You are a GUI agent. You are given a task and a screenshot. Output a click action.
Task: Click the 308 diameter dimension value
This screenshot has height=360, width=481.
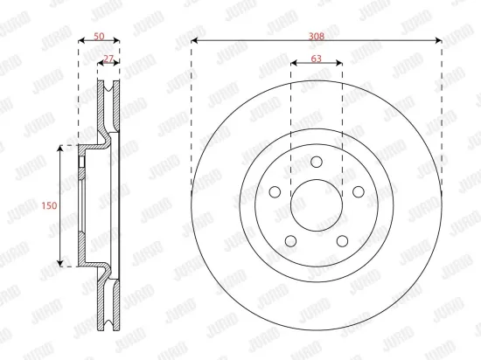[317, 37]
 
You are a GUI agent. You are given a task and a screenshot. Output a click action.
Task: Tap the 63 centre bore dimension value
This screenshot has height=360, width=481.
[317, 59]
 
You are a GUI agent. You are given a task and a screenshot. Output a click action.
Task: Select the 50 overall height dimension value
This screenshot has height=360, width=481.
[99, 37]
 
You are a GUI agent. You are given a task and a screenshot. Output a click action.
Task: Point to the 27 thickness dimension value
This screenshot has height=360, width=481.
[108, 59]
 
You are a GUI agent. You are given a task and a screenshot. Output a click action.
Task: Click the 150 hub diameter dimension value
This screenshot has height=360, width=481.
[49, 205]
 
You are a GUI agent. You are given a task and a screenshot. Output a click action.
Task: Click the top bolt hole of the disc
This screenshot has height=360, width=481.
[317, 162]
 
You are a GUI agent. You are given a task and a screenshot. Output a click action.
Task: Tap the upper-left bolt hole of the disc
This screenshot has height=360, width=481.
[275, 192]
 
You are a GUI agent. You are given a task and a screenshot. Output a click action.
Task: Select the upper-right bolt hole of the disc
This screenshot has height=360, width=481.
[359, 192]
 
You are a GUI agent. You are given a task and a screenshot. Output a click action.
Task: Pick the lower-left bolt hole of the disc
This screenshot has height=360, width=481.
[290, 241]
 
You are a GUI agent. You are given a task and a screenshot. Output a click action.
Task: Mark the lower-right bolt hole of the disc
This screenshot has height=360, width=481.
[342, 241]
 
